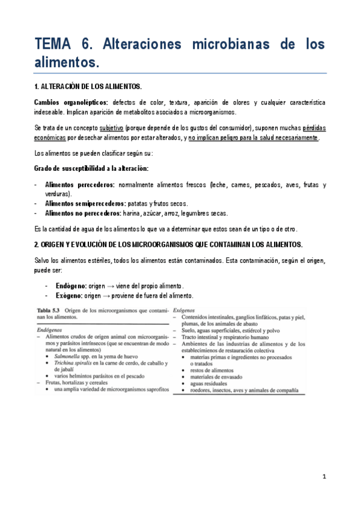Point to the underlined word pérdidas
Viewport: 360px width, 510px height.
click(312, 129)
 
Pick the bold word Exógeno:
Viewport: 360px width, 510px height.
click(68, 296)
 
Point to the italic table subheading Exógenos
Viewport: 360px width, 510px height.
click(185, 310)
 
